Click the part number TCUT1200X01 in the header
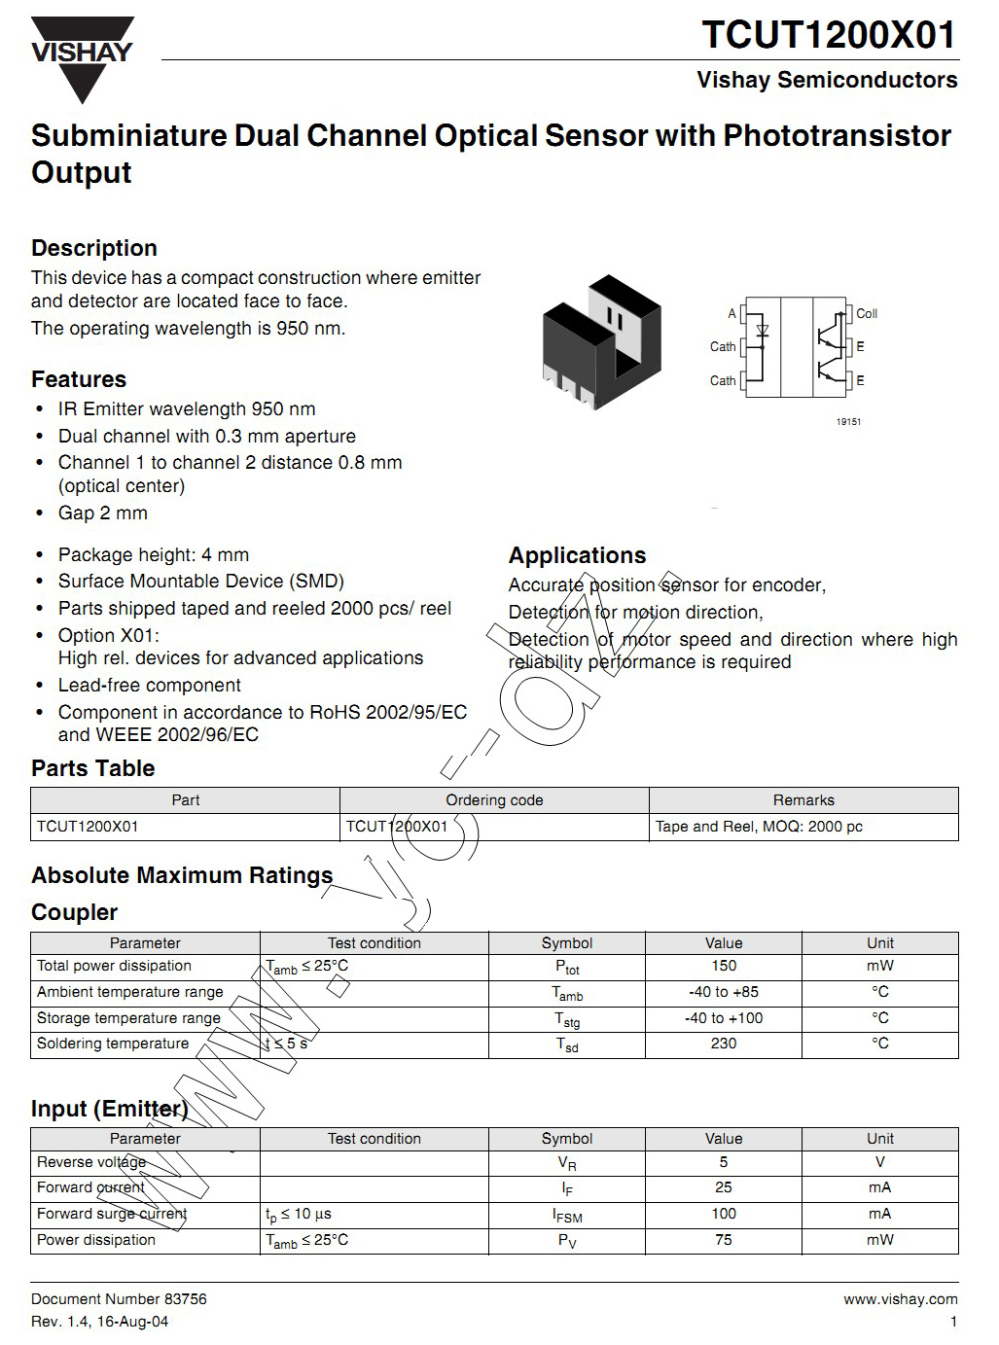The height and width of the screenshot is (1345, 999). tap(829, 35)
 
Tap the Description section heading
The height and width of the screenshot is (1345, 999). tap(94, 248)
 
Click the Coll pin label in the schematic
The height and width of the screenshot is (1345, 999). tap(866, 313)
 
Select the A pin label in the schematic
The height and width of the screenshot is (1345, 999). tap(731, 313)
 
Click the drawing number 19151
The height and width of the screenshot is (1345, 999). tap(848, 422)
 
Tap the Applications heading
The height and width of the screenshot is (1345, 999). tap(577, 555)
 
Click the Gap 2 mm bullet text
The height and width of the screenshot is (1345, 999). tap(103, 513)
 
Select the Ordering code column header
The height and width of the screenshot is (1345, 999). tap(494, 800)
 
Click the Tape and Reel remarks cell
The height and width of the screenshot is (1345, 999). tap(759, 827)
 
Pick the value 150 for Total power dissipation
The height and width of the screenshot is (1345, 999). tap(724, 966)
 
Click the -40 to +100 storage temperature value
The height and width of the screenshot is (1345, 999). tap(724, 1018)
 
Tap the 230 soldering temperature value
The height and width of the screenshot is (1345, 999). tap(724, 1044)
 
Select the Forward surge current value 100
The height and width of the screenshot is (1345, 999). tap(724, 1214)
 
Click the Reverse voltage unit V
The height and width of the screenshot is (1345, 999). tap(880, 1162)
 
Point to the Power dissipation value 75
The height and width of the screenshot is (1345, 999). tap(724, 1240)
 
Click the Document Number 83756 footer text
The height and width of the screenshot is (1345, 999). tap(119, 1299)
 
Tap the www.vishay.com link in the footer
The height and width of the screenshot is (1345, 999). tap(900, 1299)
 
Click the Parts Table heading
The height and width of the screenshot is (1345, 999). tap(93, 768)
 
